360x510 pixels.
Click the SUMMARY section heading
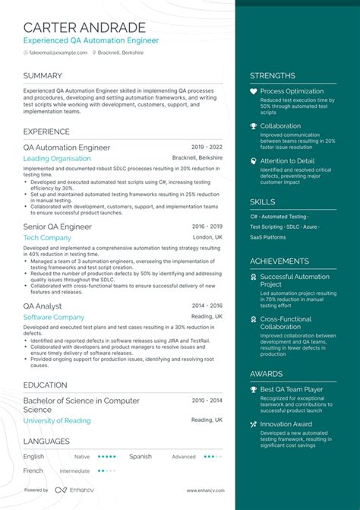(43, 75)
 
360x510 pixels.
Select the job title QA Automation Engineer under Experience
(67, 147)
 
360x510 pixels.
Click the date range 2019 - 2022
(207, 147)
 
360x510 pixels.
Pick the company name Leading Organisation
(57, 159)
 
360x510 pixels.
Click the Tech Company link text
(47, 238)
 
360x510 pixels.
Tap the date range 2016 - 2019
(207, 226)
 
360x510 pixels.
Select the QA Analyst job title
(43, 306)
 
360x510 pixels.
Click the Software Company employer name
(53, 317)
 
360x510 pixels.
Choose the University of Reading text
(58, 420)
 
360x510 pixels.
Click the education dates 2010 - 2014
(207, 401)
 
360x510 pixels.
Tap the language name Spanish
(140, 457)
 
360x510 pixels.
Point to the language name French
(33, 470)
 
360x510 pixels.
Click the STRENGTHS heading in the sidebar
(273, 76)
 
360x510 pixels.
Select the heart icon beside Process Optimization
(254, 91)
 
